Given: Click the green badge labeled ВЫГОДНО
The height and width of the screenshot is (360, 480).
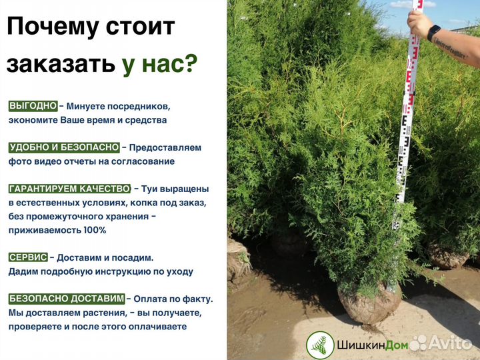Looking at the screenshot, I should click(x=33, y=106).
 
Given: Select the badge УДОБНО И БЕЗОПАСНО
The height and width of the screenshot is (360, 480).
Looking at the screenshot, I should click(x=64, y=147).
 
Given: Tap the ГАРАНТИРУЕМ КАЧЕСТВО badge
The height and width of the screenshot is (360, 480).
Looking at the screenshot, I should click(x=69, y=189).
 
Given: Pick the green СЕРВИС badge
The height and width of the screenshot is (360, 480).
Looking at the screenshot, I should click(x=28, y=257).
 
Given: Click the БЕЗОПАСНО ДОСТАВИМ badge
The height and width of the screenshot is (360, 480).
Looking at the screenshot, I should click(x=66, y=299).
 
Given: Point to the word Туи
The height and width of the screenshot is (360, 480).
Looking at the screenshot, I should click(x=146, y=189).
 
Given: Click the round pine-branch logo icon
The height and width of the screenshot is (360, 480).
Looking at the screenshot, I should click(x=320, y=345).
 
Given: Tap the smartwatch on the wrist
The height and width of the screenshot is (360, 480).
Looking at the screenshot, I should click(x=434, y=31).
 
